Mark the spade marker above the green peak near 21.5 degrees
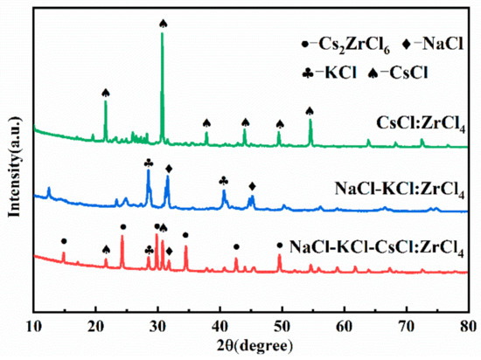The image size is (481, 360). click(x=106, y=93)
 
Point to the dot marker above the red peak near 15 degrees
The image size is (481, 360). click(x=64, y=240)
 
